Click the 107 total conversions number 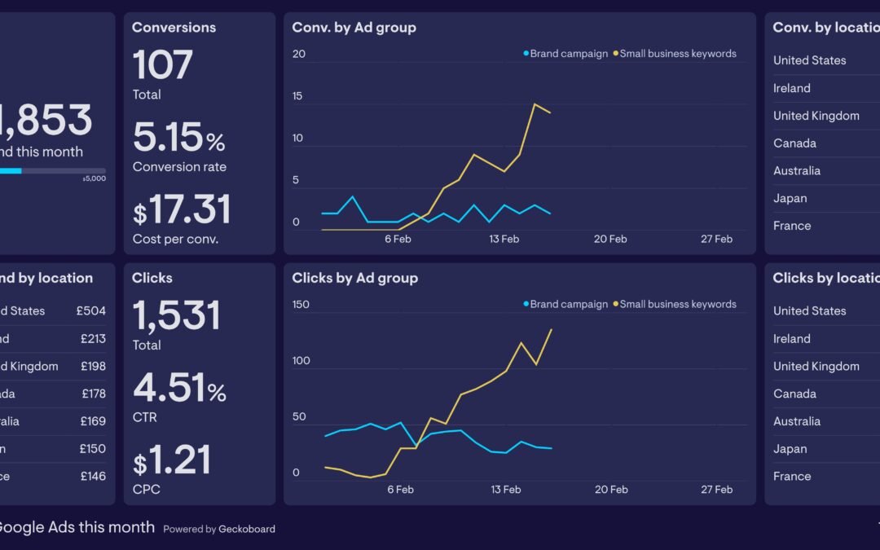pos(163,65)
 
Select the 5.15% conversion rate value pos(178,138)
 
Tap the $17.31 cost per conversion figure pos(182,209)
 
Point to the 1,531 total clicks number pos(176,315)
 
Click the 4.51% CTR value pos(179,388)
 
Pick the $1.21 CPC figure pos(172,460)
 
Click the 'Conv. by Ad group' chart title pos(354,27)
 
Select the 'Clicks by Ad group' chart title pos(354,278)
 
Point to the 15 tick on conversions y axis pos(297,96)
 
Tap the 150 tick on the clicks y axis pos(301,305)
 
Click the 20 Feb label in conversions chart pos(610,239)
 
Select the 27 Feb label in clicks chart pos(716,490)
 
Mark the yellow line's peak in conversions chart pos(535,104)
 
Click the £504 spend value pos(92,310)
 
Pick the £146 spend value pos(92,476)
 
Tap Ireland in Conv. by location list pos(791,88)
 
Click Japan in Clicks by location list pos(790,449)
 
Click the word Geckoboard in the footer pos(246,529)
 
